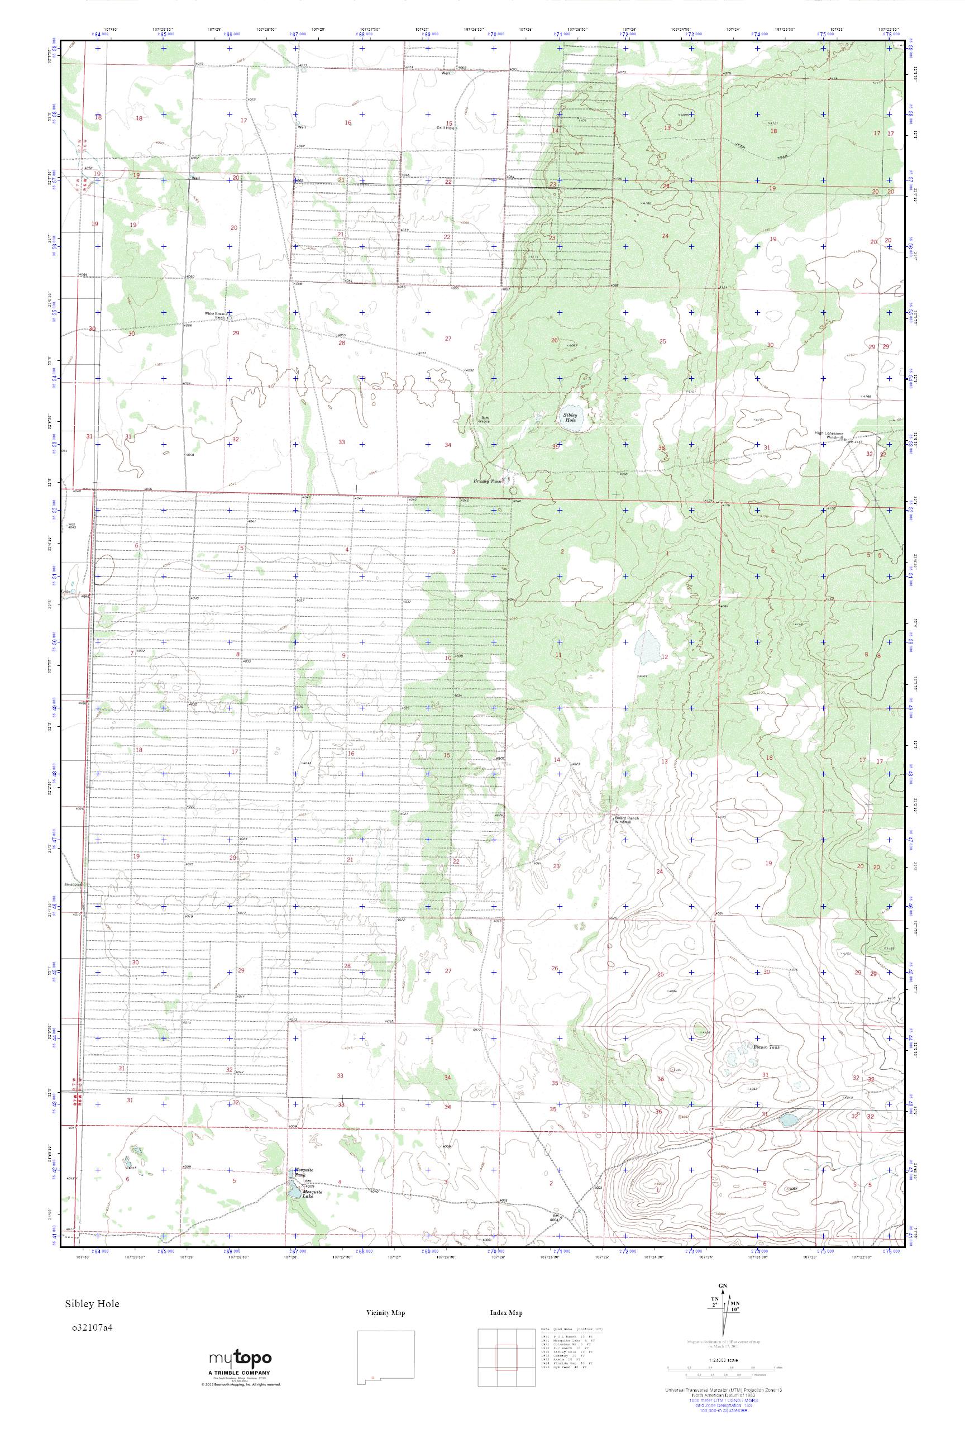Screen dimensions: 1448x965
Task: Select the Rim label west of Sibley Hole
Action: (484, 419)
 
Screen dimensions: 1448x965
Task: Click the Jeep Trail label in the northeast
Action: (759, 151)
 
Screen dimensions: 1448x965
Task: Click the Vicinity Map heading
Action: (385, 1313)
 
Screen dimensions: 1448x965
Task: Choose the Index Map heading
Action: (506, 1313)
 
